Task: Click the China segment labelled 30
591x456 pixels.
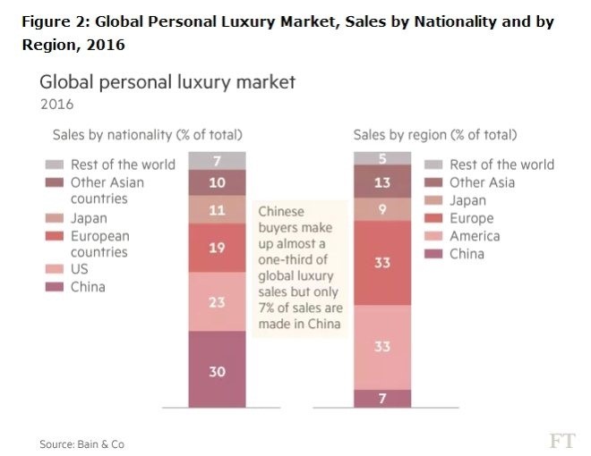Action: pos(217,369)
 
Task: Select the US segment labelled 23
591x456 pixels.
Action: pos(217,301)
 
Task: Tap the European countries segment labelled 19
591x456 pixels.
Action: pos(217,248)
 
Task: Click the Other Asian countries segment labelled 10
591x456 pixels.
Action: pos(217,182)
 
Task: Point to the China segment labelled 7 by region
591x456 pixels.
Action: pos(381,399)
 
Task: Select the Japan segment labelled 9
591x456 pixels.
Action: pos(381,209)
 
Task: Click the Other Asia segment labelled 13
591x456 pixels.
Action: pos(381,182)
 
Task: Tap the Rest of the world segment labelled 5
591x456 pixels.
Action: pos(381,159)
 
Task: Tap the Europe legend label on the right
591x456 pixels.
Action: pos(471,218)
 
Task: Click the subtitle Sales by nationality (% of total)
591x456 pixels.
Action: pos(145,135)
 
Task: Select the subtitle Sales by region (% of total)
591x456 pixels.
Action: pos(434,135)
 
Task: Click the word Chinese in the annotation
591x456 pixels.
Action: pos(282,213)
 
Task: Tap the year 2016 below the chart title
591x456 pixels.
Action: pos(56,104)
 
